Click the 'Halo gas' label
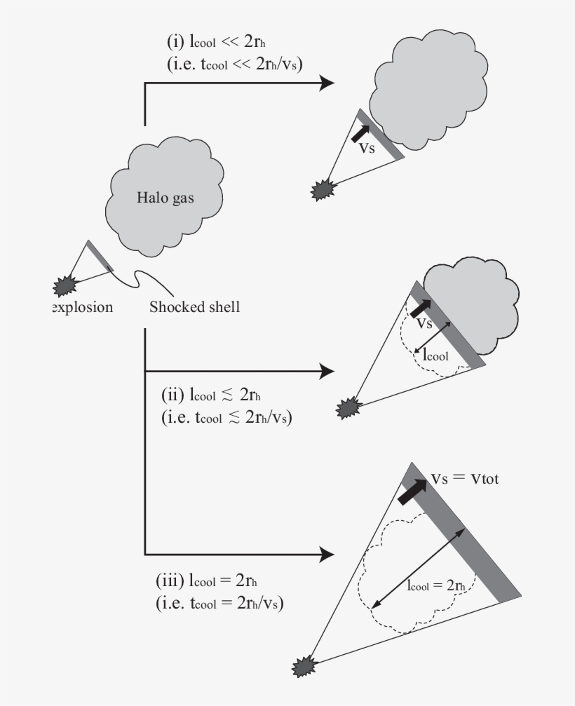pos(165,198)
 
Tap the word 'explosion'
pos(83,306)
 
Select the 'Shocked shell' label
pos(194,306)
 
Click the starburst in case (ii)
pos(349,406)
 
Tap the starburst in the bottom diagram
pos(306,663)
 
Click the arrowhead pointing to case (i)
pos(326,83)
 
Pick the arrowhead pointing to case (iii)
pos(326,555)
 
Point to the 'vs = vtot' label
pos(464,478)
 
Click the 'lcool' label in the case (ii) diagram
pos(435,355)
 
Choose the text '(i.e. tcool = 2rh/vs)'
pos(219,602)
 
